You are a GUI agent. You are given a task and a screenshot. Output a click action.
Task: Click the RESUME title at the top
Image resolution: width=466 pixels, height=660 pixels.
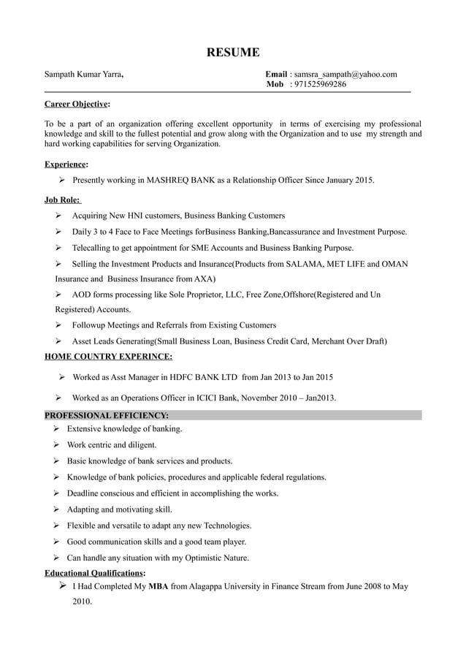click(232, 52)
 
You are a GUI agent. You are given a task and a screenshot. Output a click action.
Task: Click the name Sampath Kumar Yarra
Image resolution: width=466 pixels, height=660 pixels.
click(83, 75)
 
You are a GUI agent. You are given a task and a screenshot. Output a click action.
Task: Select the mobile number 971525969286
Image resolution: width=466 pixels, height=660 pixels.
click(318, 85)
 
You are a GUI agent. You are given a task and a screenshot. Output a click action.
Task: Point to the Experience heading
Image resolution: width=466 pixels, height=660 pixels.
click(66, 164)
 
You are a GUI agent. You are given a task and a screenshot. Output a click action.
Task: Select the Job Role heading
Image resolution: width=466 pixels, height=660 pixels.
click(63, 200)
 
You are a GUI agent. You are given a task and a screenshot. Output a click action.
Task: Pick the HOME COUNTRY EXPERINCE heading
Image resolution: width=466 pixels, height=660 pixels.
click(109, 357)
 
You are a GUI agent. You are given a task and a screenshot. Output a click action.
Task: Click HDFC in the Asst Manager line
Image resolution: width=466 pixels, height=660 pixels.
click(183, 378)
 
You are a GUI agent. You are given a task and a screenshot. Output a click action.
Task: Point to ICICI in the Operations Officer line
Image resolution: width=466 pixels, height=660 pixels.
click(209, 398)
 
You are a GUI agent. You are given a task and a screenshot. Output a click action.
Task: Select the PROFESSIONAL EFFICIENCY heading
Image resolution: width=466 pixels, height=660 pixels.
click(107, 415)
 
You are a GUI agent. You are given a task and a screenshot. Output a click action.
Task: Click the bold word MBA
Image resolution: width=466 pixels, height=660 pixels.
click(158, 586)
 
